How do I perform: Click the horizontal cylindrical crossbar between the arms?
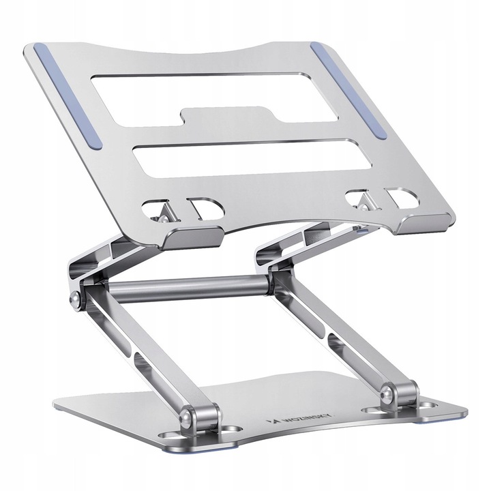click(188, 288)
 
